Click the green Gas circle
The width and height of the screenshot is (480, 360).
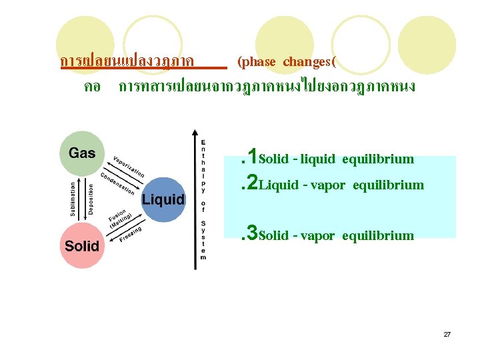tap(82, 154)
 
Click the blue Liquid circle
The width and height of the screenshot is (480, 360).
tap(163, 199)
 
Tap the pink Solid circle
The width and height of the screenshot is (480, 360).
tap(82, 245)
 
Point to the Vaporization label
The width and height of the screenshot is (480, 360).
tap(129, 162)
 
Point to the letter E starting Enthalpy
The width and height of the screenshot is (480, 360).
tap(203, 142)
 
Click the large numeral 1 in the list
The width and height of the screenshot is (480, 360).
tap(253, 158)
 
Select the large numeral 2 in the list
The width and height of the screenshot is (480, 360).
tap(253, 184)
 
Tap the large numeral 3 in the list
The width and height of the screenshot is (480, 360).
tap(253, 234)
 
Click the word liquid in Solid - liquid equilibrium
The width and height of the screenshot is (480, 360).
tap(318, 159)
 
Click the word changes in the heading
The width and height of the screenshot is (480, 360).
tap(307, 62)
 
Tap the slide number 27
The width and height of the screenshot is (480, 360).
tap(447, 334)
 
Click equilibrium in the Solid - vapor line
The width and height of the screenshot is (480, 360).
tap(379, 235)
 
